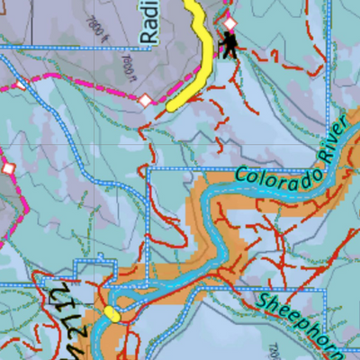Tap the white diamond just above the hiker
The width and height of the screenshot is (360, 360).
click(x=229, y=22)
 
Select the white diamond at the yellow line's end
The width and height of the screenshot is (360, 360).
click(x=144, y=100)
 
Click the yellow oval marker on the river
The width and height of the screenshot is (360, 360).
click(x=112, y=313)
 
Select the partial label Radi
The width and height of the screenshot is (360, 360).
click(x=149, y=22)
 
